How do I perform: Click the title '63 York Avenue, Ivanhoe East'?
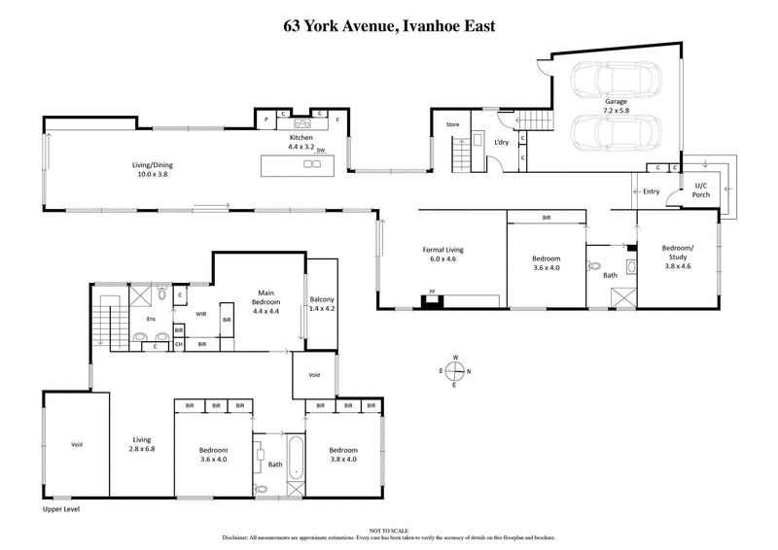389,25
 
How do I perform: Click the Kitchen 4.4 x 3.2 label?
301,144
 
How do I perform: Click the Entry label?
652,191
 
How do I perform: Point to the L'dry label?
501,144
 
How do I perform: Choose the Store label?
452,124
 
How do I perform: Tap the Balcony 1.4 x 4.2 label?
322,305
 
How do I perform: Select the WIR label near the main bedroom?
201,314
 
